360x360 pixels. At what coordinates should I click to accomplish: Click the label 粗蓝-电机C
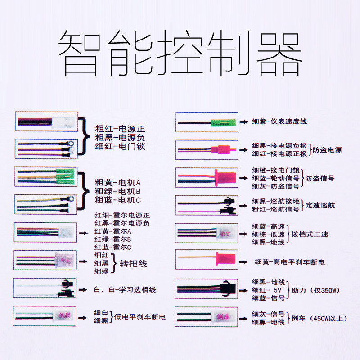(118, 200)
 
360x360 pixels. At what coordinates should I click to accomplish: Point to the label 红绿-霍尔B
(112, 239)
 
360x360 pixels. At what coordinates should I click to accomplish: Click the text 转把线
(133, 263)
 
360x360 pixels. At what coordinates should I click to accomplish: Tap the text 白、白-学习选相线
(122, 289)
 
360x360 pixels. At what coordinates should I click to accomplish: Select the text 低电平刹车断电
(140, 317)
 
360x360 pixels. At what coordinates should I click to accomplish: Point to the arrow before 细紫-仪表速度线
(243, 121)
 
